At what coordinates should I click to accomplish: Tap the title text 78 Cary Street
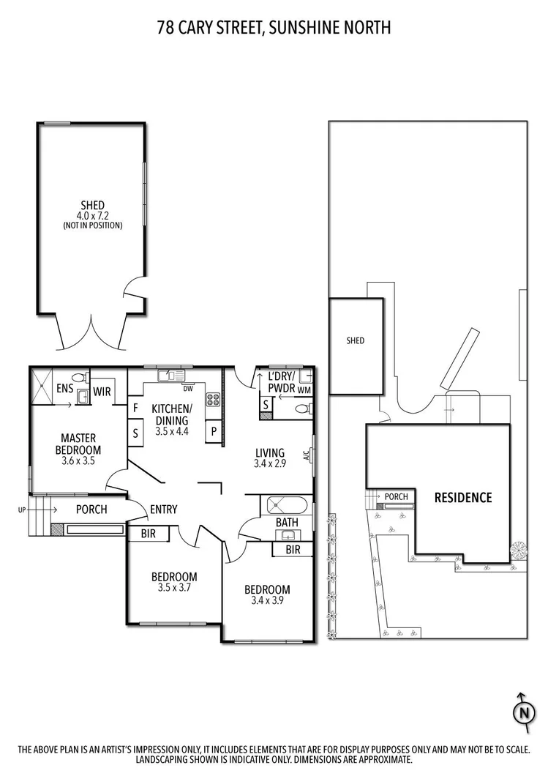274,28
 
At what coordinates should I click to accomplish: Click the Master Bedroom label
80,444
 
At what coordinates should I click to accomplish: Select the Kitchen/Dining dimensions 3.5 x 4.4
171,432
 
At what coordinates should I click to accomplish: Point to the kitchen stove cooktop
213,400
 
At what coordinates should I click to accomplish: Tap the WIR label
102,392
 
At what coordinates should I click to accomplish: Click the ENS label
64,388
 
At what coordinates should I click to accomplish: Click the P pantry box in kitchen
214,431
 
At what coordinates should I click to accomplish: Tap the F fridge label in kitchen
135,407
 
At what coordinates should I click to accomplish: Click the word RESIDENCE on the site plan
463,498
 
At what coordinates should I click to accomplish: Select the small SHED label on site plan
355,340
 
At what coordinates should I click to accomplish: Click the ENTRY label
163,510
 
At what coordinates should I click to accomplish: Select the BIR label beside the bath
293,549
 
